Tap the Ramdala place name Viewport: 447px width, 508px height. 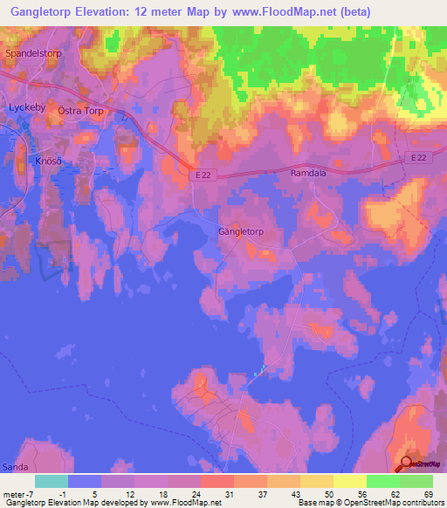coord(307,174)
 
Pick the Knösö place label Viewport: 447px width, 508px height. coord(50,161)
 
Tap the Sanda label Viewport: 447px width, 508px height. coord(15,467)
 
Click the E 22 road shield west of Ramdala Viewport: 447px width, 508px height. coord(202,175)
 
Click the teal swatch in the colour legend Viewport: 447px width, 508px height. coord(52,481)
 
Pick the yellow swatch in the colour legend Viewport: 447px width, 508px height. coord(350,481)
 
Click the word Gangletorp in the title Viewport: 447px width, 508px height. coord(49,12)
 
